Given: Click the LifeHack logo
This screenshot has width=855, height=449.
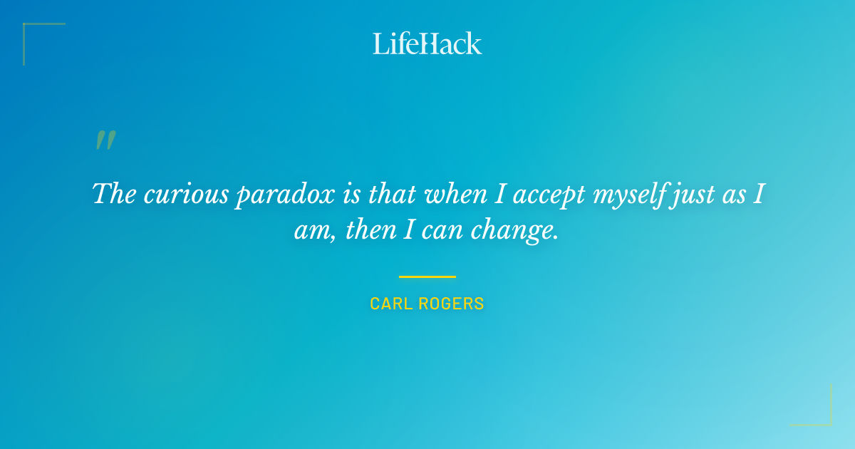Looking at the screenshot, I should pyautogui.click(x=427, y=43).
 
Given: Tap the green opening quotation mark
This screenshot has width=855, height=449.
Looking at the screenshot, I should pyautogui.click(x=105, y=140).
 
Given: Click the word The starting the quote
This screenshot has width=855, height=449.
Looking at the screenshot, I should pyautogui.click(x=115, y=194).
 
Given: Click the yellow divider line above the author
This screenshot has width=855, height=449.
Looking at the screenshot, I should pyautogui.click(x=427, y=277).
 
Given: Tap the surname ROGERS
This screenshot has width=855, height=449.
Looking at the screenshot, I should pyautogui.click(x=451, y=304).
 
